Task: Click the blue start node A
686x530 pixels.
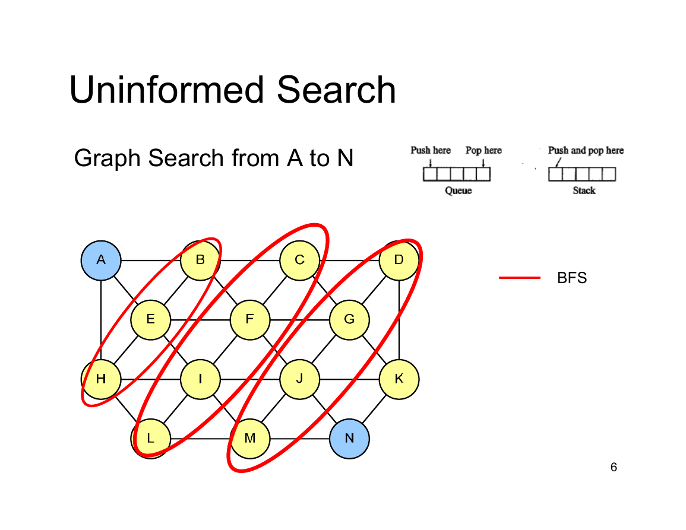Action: pos(101,260)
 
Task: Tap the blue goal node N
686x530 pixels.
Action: pos(349,438)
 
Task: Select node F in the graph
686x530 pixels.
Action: pos(250,320)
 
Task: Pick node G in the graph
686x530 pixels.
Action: pos(349,320)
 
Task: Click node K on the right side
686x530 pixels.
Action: pos(399,379)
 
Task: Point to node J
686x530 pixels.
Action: pos(300,379)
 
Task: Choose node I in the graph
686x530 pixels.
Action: pos(200,379)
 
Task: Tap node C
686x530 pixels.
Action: pos(300,260)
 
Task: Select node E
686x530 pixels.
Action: pos(150,320)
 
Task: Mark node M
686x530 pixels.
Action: pos(250,438)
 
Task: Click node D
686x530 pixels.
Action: pos(399,260)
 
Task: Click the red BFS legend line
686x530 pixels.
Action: pos(520,278)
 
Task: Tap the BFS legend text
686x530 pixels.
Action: pos(572,278)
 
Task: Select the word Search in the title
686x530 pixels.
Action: pos(336,90)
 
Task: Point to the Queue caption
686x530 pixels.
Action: pos(458,191)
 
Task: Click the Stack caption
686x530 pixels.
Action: pos(584,191)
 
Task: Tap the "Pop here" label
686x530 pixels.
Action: pos(483,150)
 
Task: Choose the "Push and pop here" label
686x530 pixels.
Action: pos(586,150)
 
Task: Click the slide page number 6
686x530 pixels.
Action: pos(614,468)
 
